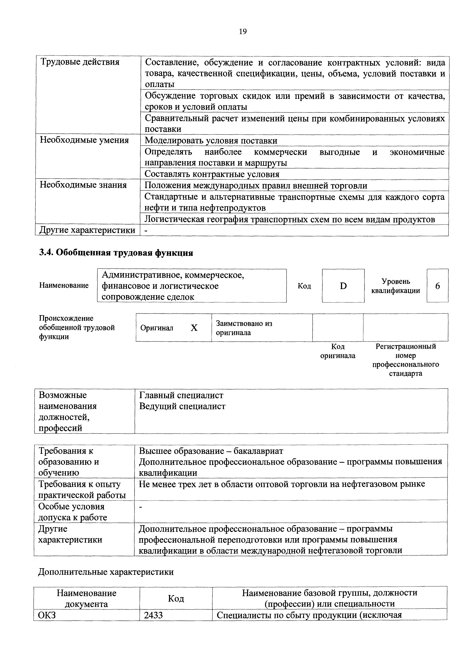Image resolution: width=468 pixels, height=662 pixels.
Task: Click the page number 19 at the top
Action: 243,32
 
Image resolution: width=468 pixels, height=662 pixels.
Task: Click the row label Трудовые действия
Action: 80,62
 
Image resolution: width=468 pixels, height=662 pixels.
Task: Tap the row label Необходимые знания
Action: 83,185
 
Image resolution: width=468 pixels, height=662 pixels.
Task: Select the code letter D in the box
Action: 343,286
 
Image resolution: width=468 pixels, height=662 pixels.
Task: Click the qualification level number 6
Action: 437,286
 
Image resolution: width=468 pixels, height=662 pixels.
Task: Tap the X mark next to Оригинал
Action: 194,328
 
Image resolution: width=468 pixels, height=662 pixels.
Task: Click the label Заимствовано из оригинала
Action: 244,328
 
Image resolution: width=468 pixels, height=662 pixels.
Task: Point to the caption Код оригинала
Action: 338,351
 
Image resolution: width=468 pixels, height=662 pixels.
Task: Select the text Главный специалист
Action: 181,395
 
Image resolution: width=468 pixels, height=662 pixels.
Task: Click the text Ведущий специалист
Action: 182,406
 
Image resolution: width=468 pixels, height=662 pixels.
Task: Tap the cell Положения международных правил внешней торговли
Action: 256,185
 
